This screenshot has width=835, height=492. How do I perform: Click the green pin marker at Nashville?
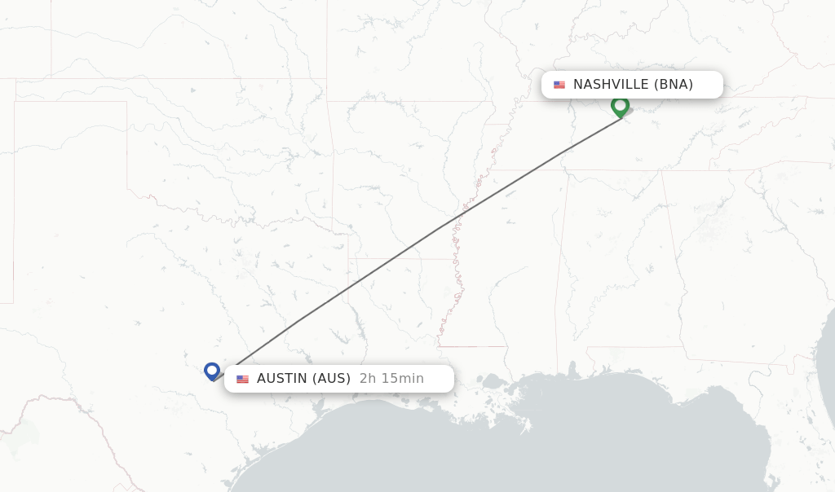pos(620,106)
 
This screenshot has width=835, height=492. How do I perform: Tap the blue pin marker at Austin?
pos(212,371)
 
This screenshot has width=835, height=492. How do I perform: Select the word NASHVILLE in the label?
pos(611,85)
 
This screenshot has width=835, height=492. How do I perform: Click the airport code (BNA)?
pos(674,85)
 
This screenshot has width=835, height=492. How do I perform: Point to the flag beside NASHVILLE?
pos(559,85)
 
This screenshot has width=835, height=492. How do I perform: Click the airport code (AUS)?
pos(332,379)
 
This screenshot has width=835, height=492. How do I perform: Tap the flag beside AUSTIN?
pos(242,379)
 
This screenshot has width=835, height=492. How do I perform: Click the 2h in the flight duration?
pos(368,379)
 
